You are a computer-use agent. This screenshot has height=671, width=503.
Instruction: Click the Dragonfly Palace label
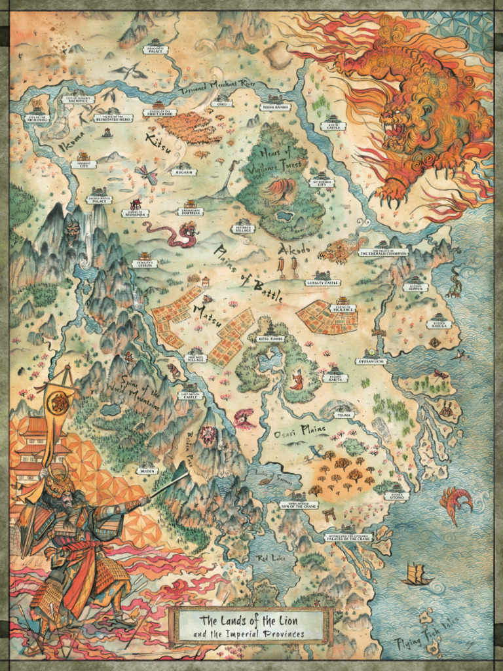156,49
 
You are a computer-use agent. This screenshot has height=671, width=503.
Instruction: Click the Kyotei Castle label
333,126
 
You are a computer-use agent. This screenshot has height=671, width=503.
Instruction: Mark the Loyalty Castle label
323,282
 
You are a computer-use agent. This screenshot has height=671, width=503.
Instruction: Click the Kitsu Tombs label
272,339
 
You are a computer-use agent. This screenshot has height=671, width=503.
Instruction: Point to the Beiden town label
146,470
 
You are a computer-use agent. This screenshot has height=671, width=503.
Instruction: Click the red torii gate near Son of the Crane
329,515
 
